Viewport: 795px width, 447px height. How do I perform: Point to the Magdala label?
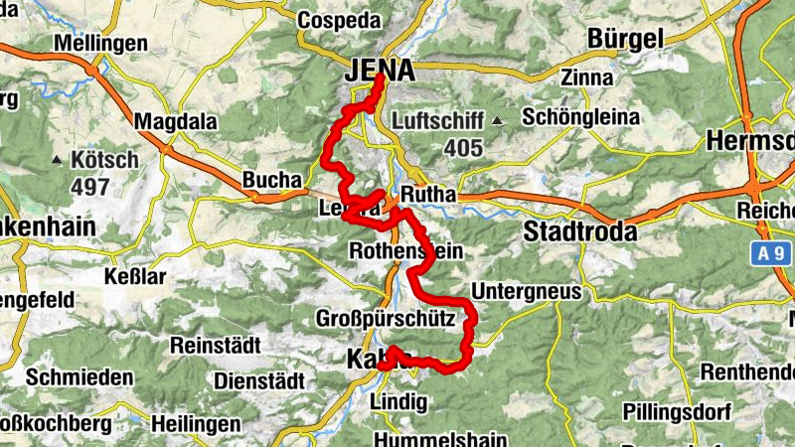(176, 121)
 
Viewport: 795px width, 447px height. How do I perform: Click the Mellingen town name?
(100, 44)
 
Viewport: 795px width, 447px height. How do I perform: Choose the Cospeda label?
(340, 18)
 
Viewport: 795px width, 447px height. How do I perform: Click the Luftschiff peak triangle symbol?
(497, 121)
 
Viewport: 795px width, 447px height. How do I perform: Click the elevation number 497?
(89, 187)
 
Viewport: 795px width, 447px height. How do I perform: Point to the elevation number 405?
(463, 149)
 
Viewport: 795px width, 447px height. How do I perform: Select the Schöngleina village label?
(581, 117)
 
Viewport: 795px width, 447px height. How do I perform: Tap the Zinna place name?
(581, 77)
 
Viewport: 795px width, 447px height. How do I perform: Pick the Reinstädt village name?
(215, 345)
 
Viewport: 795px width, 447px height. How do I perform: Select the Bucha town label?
(271, 181)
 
